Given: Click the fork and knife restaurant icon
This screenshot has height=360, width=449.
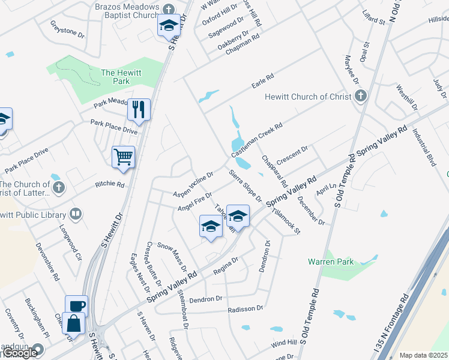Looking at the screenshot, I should coord(139,109).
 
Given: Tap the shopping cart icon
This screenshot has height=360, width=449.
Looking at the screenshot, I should coord(123,157).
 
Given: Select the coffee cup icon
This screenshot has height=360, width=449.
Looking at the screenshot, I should coord(76,305).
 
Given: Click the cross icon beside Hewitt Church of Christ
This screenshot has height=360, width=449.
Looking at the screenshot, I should coord(360,96).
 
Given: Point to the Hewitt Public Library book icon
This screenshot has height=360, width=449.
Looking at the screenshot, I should coord(76,213).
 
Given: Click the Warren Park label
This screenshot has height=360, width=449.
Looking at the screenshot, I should coord(331,262).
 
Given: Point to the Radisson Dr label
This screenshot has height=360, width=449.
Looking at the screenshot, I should coord(246,310).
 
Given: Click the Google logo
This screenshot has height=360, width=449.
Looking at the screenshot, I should coord(20,353).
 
